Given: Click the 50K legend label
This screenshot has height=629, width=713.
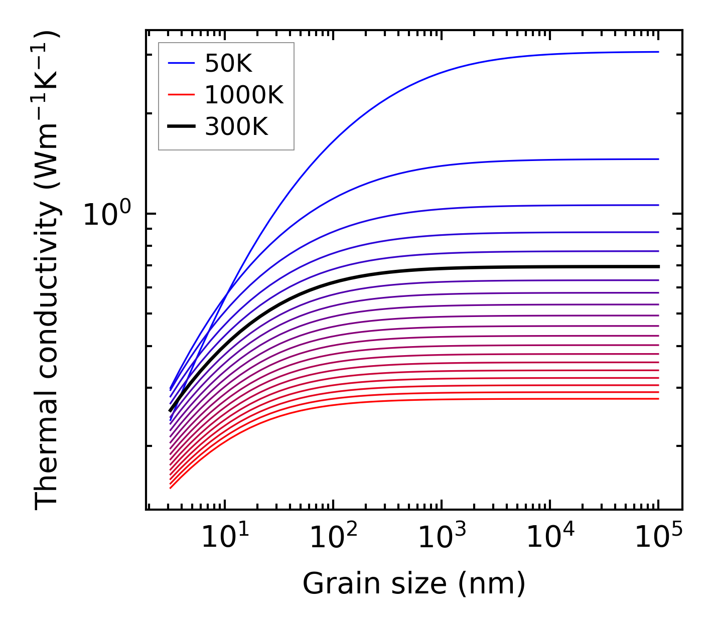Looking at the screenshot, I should [x=228, y=64].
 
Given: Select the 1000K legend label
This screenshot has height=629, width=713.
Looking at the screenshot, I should [x=244, y=95].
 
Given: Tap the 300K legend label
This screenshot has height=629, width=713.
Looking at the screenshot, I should [x=236, y=127].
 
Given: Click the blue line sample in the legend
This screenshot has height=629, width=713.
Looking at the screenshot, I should [x=181, y=64].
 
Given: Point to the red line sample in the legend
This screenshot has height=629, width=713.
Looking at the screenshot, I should [x=181, y=95].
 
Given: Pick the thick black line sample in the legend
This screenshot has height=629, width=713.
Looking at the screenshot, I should [x=181, y=127].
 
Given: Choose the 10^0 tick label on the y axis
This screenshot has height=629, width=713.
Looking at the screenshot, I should [x=106, y=214].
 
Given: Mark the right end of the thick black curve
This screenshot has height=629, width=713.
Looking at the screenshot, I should [x=658, y=266].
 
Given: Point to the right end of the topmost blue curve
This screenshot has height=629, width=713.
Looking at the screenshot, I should [x=658, y=52].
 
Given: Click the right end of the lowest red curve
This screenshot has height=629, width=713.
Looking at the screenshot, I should [x=658, y=399].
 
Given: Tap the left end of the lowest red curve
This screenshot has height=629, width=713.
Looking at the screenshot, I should [x=171, y=488].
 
